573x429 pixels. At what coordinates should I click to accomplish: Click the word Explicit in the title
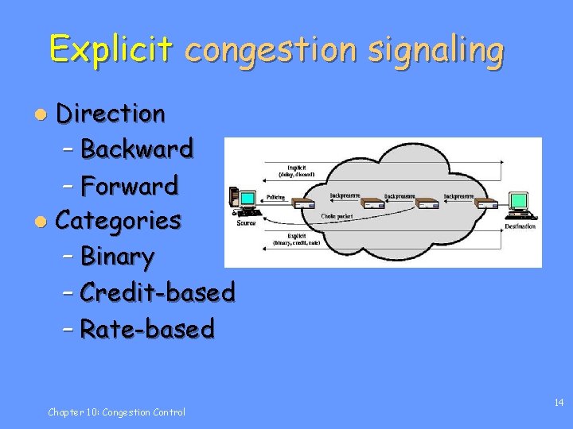(x=110, y=49)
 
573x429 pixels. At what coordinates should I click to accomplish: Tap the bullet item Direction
(x=111, y=114)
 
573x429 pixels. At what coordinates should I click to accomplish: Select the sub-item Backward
(x=137, y=149)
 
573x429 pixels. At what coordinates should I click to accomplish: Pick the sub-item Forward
(x=130, y=186)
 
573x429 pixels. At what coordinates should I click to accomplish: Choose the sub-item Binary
(x=117, y=257)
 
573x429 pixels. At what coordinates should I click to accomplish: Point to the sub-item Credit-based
(x=158, y=292)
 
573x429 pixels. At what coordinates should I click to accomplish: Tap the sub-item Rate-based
(x=147, y=328)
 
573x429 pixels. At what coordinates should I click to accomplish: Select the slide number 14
(x=559, y=404)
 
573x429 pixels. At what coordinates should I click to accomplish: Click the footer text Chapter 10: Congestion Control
(x=116, y=412)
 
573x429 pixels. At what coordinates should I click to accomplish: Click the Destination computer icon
(x=522, y=205)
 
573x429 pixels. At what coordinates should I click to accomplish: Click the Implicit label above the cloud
(x=295, y=168)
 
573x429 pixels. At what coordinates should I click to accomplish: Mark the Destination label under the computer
(x=520, y=226)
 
